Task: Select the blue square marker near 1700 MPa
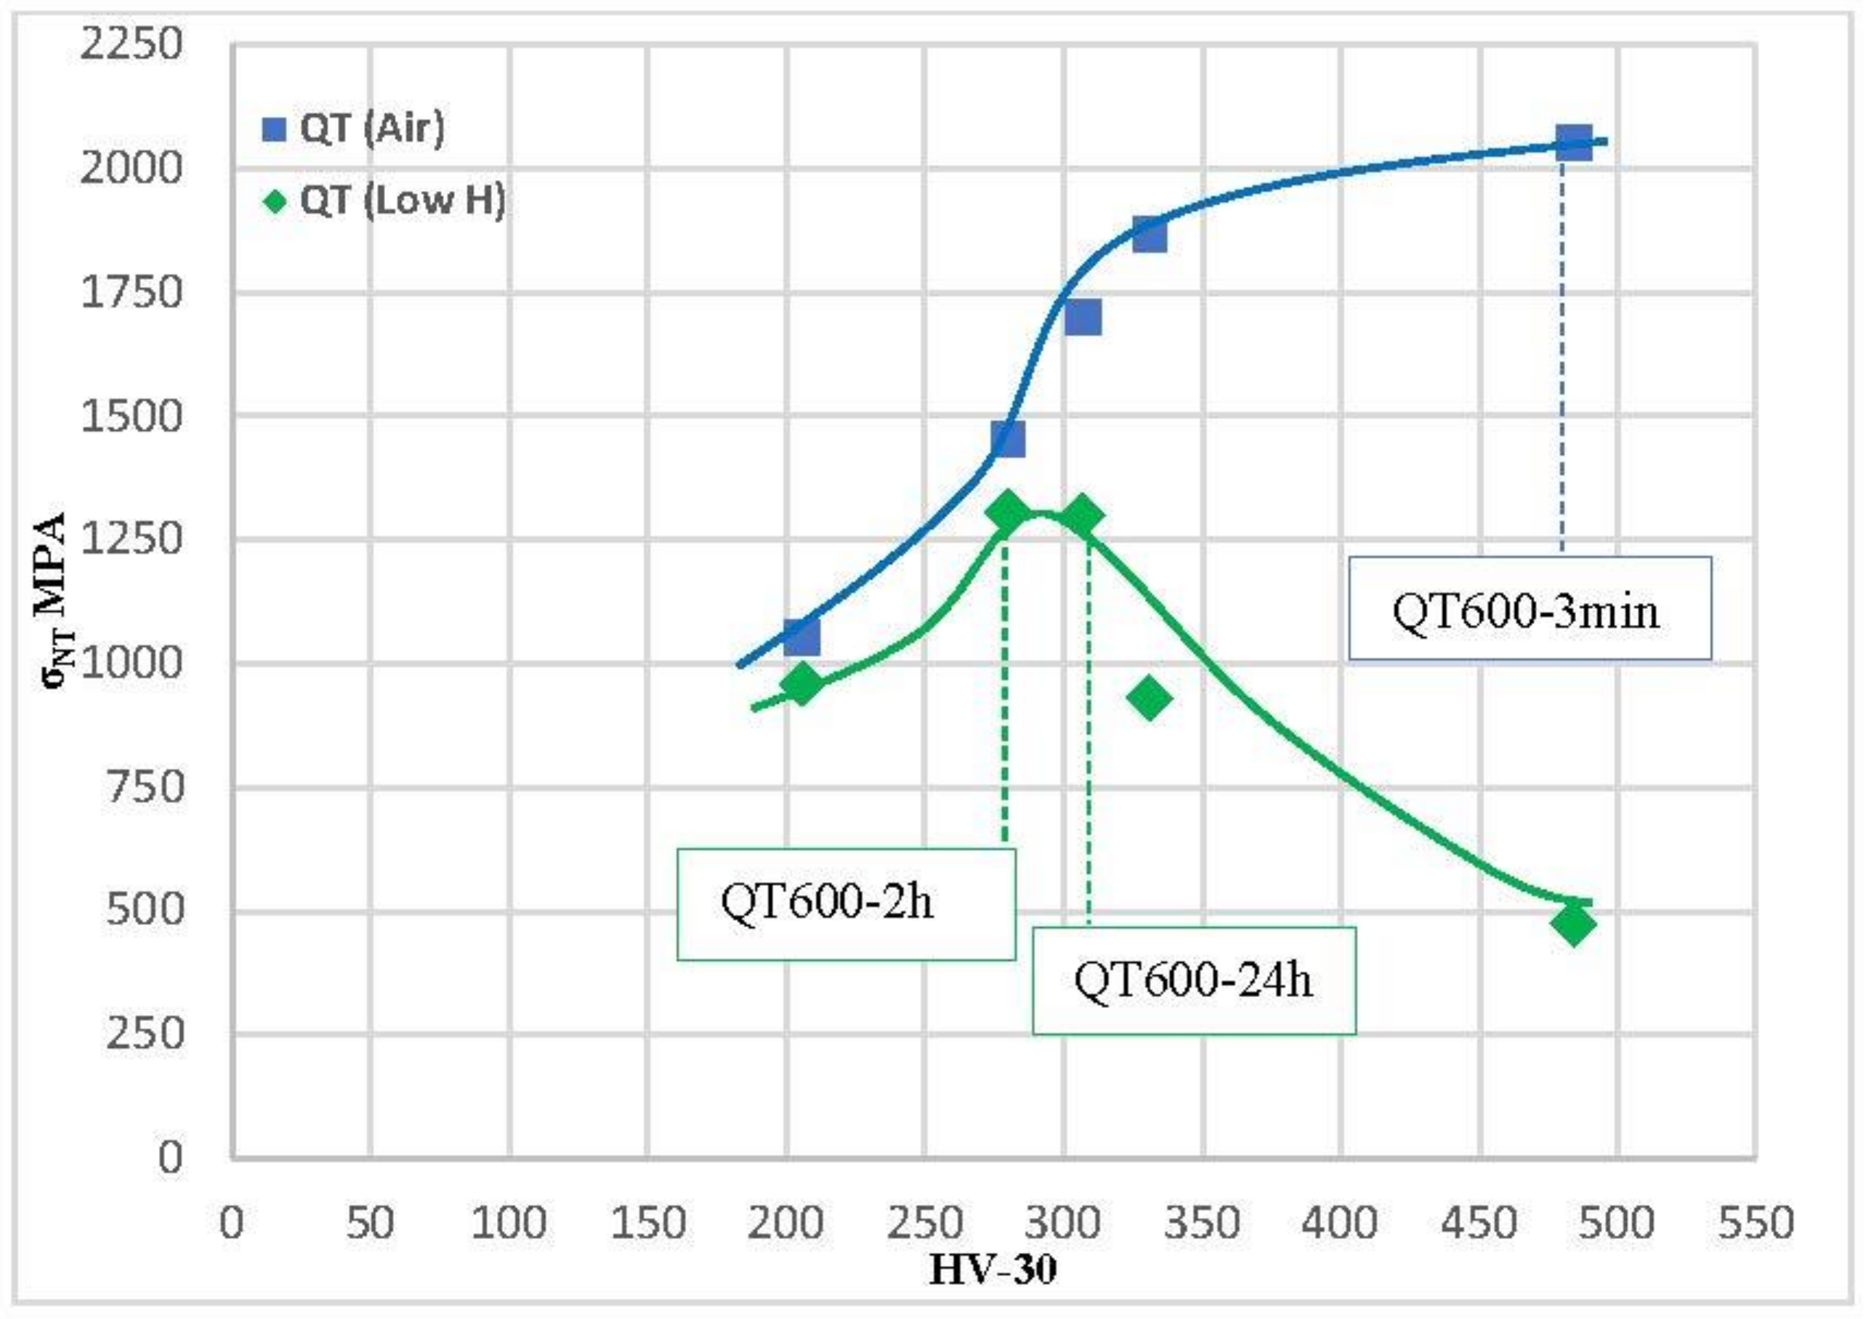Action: click(x=1083, y=316)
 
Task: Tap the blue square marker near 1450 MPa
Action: click(x=1008, y=439)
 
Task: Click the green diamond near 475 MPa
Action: click(x=1572, y=924)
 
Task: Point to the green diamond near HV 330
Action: click(x=1148, y=698)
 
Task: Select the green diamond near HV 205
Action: click(x=801, y=683)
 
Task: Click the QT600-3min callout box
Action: click(x=1529, y=608)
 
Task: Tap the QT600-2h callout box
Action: click(x=845, y=904)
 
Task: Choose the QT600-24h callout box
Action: click(x=1193, y=981)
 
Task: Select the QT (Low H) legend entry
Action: click(x=384, y=200)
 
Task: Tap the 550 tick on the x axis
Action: click(x=1756, y=1222)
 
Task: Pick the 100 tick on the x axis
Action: click(x=509, y=1222)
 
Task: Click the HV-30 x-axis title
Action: click(x=993, y=1270)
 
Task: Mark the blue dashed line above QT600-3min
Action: click(x=1562, y=350)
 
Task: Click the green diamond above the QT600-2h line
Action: click(x=1008, y=513)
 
